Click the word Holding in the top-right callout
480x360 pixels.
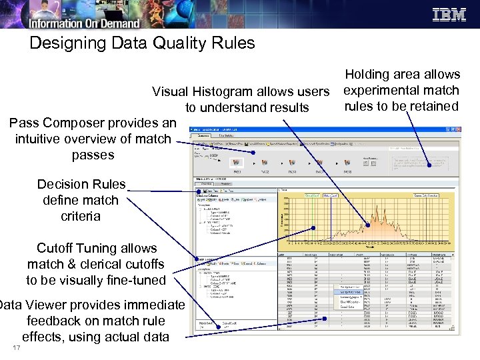point(369,74)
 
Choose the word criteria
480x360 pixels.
point(81,216)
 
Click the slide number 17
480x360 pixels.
point(16,349)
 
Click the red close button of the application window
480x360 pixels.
point(458,128)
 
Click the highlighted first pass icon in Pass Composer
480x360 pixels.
point(235,162)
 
